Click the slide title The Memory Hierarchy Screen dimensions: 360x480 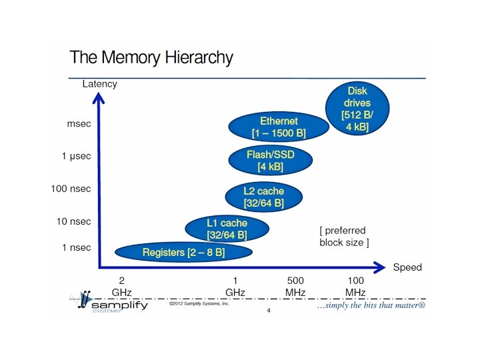coord(151,57)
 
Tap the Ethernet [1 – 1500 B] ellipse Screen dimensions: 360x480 coord(279,127)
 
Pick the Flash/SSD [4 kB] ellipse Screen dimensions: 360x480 coord(270,160)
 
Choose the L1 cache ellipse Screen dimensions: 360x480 coord(227,229)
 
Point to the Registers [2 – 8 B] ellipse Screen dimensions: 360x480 coord(183,252)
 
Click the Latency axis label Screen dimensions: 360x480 coord(99,84)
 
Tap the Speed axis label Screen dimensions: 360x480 coord(407,267)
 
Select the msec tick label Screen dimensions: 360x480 coord(80,124)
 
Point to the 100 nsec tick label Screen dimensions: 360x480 coord(71,189)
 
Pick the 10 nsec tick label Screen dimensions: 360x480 coord(73,221)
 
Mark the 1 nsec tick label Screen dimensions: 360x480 coord(76,247)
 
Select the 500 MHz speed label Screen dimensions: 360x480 coord(295,287)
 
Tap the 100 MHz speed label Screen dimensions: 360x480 coord(355,287)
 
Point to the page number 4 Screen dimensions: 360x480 coord(269,311)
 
